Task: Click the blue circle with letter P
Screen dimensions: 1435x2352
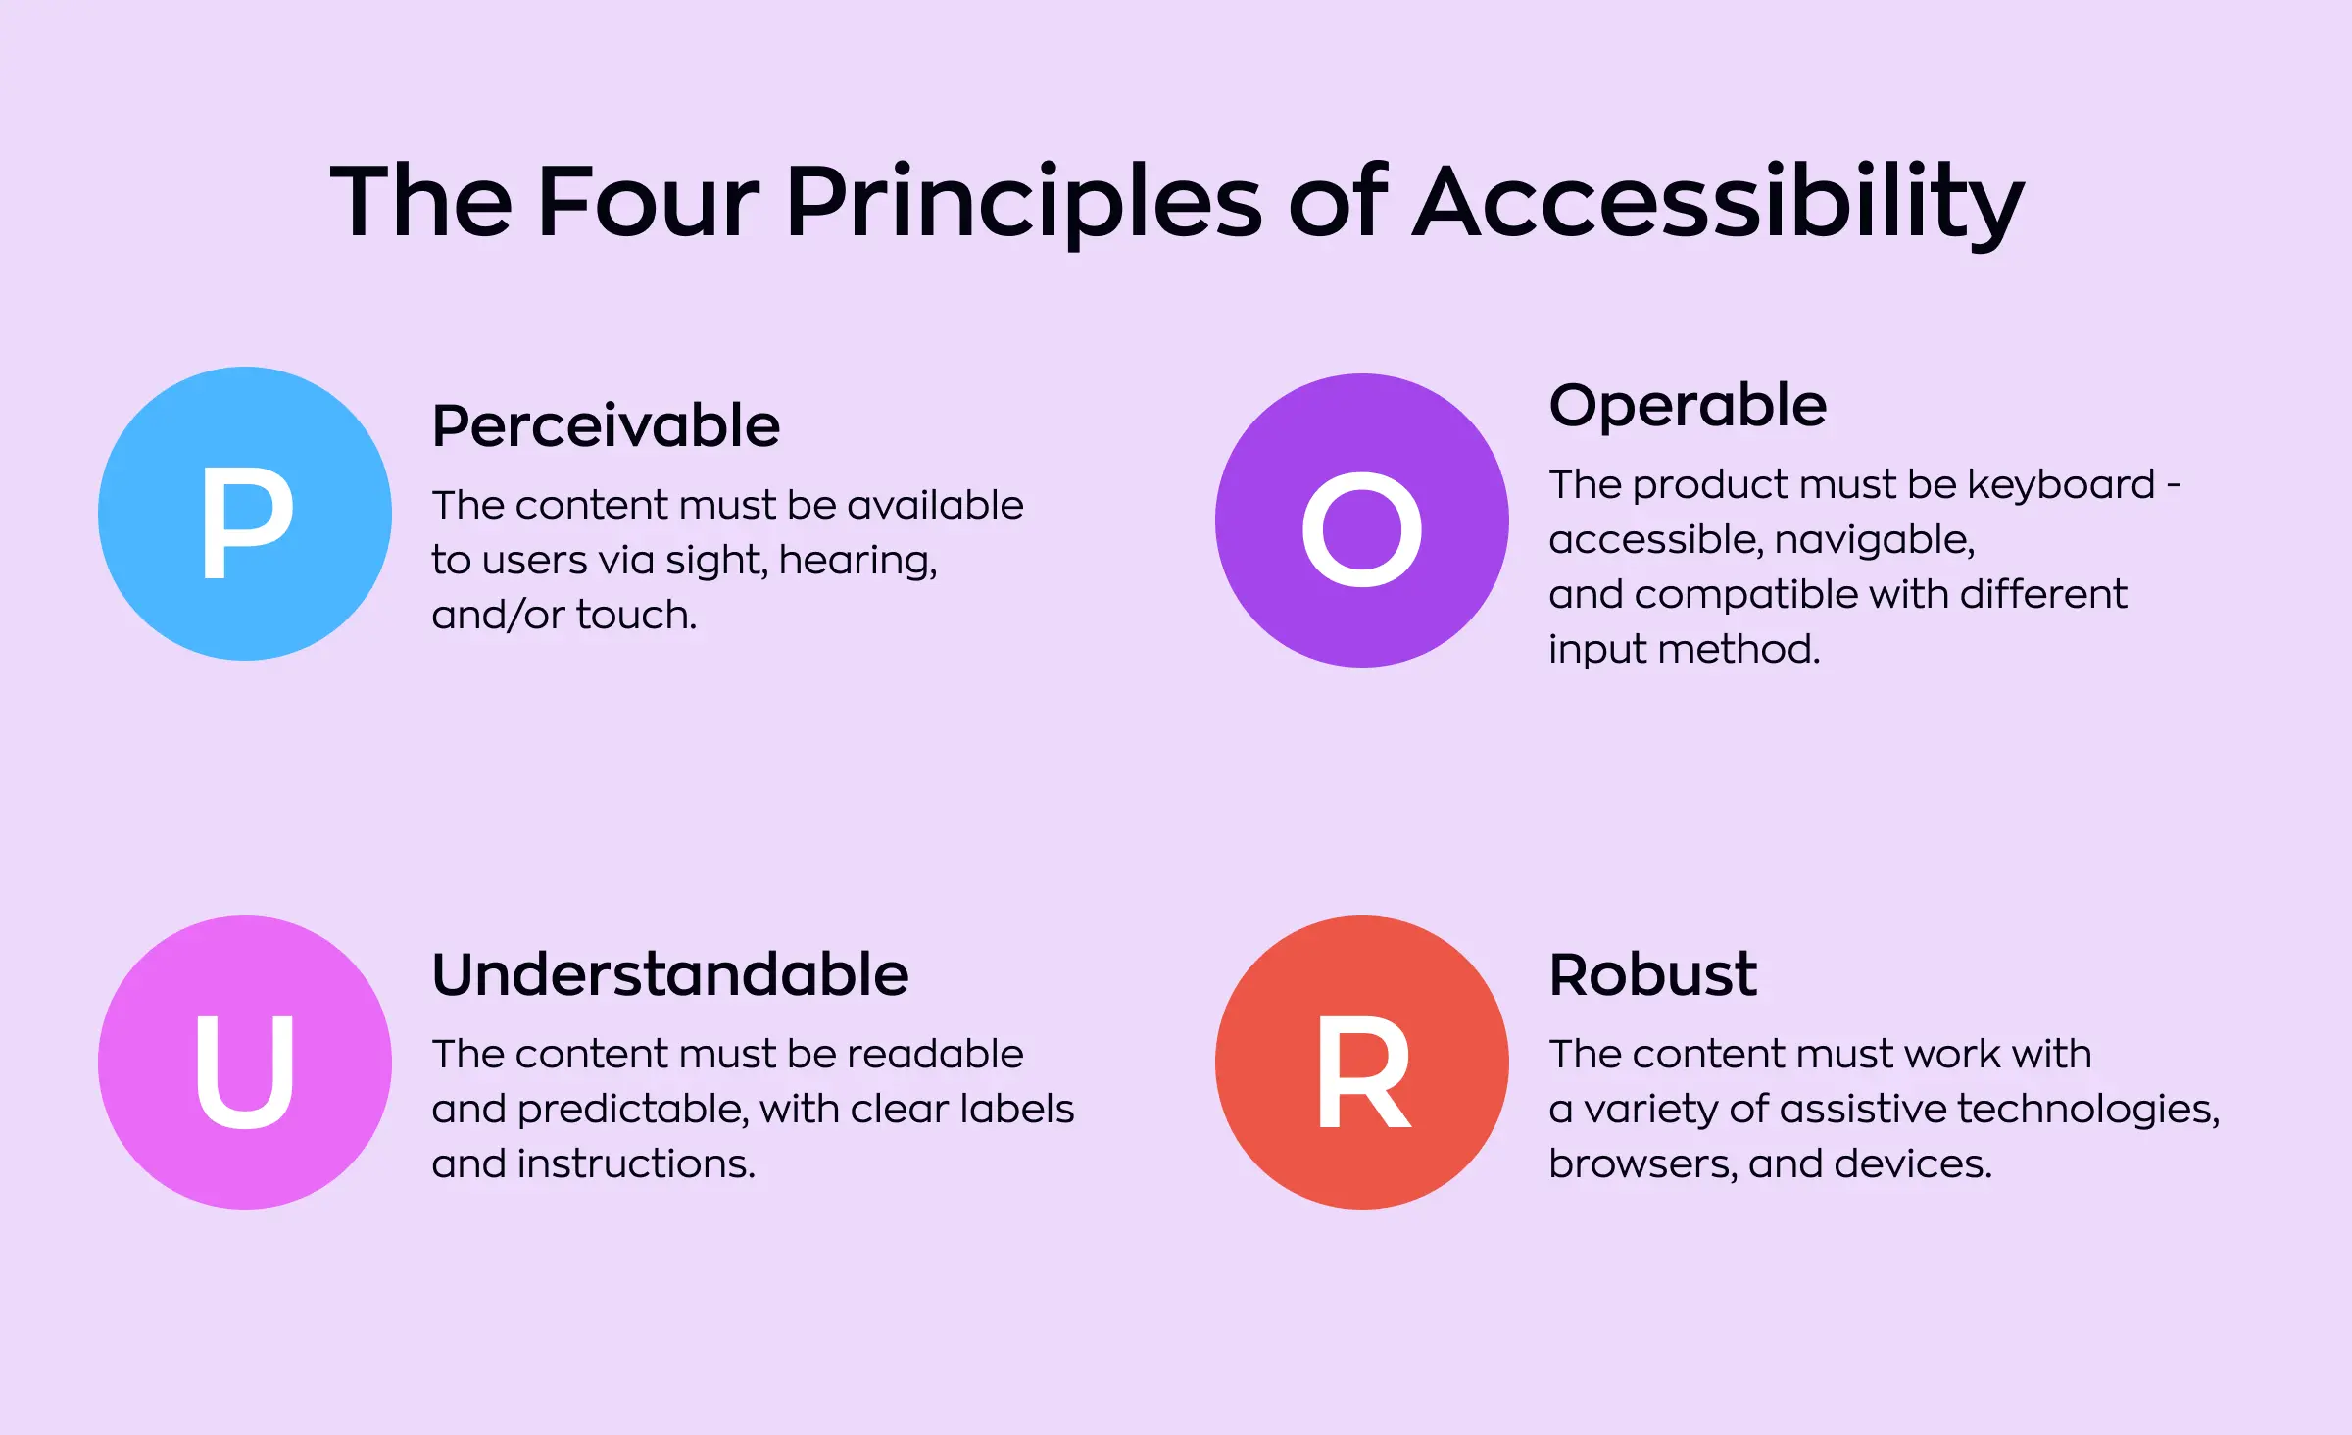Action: (x=245, y=514)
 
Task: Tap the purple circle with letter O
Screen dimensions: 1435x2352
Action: (x=1362, y=520)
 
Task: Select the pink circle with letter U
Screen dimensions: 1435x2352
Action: (x=245, y=1063)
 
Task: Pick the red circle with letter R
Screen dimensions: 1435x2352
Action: (x=1362, y=1063)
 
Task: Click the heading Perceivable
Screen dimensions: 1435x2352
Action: (x=606, y=426)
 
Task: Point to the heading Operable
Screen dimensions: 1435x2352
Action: (x=1688, y=406)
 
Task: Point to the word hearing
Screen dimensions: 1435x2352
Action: (x=857, y=561)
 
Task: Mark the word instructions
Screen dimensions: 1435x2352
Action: (x=636, y=1163)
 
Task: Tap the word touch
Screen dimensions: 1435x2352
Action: (x=636, y=615)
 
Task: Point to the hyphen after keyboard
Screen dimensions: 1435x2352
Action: (x=2174, y=485)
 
